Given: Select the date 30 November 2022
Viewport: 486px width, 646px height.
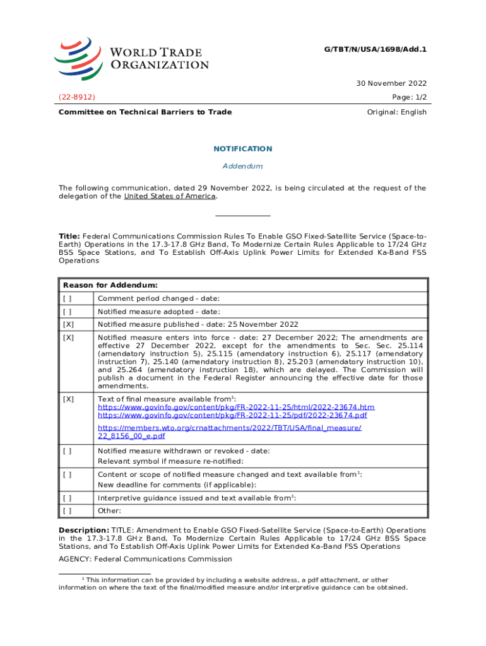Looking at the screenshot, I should point(391,83).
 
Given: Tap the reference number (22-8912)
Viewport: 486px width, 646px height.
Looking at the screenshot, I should point(77,98).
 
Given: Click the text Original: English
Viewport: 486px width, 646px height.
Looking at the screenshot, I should point(396,112).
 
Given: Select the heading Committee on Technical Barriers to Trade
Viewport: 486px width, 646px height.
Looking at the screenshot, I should point(145,112).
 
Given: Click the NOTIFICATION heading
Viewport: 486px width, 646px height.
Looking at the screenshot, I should point(243,149).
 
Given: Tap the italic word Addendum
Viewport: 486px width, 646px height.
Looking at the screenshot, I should point(243,167).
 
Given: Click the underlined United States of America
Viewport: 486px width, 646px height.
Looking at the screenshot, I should point(170,196).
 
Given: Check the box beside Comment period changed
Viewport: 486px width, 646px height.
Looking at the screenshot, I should point(68,298).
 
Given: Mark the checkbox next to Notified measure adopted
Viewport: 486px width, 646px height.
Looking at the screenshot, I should point(68,312).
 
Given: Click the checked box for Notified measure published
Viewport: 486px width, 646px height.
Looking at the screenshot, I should point(68,325).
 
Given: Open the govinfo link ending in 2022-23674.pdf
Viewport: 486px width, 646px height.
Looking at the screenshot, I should point(232,415).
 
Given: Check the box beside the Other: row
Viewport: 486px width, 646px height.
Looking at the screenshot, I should point(68,511).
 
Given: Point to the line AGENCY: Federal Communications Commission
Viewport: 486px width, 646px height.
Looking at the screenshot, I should point(145,559).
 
